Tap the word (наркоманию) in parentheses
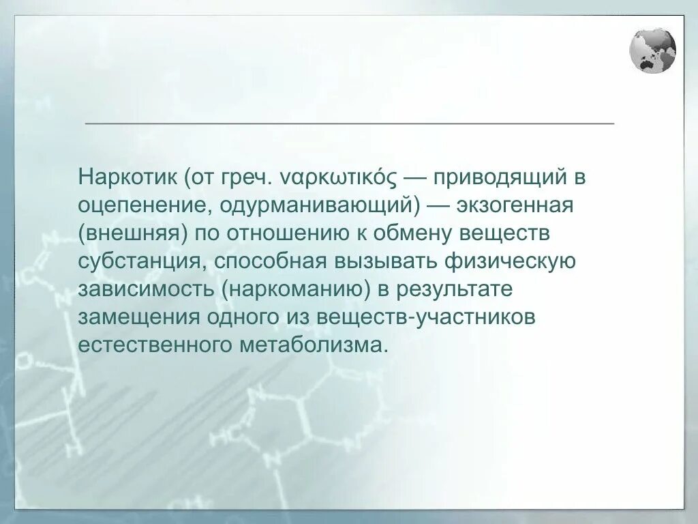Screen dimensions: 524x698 (296, 289)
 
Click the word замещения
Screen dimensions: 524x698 (138, 317)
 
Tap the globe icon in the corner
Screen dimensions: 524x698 (652, 50)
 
